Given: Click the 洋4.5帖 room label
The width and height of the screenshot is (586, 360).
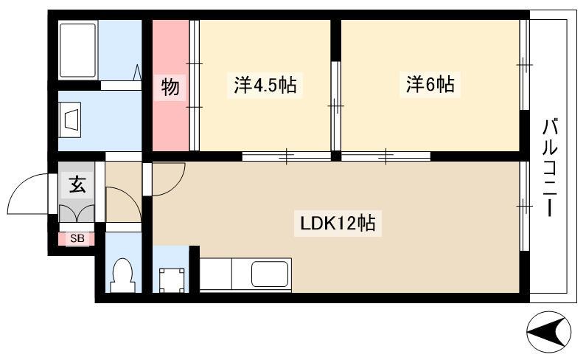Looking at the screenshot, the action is pos(265,85).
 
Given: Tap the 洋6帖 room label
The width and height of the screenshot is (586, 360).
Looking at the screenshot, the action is pos(430,84).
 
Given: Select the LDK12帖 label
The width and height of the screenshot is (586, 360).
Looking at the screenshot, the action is pos(338,224).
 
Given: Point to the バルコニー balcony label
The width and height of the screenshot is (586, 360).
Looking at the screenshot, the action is pos(550,167).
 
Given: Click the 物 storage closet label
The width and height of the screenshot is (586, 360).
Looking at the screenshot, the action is pos(170,87).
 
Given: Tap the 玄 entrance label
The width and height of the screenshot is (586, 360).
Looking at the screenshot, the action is pos(77,184).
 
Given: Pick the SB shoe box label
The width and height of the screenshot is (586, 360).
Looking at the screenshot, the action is pos(77,238).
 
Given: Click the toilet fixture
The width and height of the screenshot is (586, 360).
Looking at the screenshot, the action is pos(122,276).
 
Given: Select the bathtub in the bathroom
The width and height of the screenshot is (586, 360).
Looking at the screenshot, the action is pos(77,50).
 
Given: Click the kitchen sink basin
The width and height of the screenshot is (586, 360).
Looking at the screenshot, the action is pos(270,274).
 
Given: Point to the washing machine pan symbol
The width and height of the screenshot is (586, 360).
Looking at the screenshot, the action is pos(172,280).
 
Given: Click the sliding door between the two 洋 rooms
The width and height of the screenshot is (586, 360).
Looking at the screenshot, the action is pos(336,106).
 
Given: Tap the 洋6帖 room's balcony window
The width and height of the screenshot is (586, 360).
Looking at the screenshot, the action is pos(525,65).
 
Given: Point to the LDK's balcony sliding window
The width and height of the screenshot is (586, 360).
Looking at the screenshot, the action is pos(525,206).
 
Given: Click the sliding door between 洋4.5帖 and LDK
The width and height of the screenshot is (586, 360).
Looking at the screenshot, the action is pos(287,156).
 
